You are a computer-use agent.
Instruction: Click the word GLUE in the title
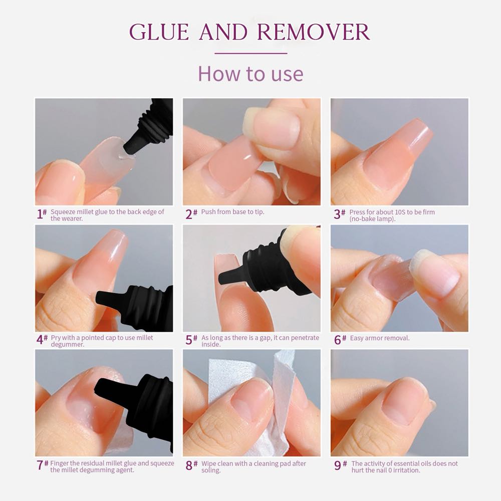[159, 32]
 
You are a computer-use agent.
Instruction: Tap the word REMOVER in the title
[314, 32]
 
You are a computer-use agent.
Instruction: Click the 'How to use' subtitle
[250, 74]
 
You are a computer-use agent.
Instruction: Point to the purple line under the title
[251, 54]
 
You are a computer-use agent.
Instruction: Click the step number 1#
[42, 214]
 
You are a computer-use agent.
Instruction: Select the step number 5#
[191, 340]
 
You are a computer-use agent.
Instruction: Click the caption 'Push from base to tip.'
[232, 212]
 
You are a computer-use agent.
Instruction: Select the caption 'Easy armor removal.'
[380, 338]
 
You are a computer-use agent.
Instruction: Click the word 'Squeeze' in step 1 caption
[63, 212]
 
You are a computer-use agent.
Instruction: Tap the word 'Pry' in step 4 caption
[56, 338]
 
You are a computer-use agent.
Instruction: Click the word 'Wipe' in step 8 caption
[208, 463]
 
